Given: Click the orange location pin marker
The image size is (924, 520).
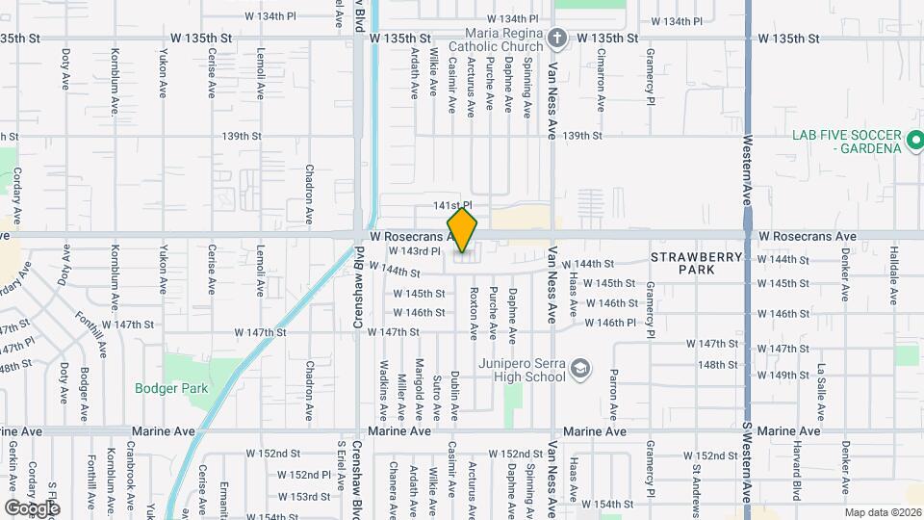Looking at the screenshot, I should point(463,229).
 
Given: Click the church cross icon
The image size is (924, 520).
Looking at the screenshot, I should point(555,39).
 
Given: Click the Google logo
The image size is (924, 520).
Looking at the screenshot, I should point(32,507).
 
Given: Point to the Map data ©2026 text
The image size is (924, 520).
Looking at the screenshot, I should point(883,513).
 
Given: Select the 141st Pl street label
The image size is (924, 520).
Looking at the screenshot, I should point(451,206).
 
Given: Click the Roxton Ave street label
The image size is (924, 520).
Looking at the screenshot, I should point(474,314).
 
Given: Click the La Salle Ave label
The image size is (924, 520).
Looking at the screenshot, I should point(821,392).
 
